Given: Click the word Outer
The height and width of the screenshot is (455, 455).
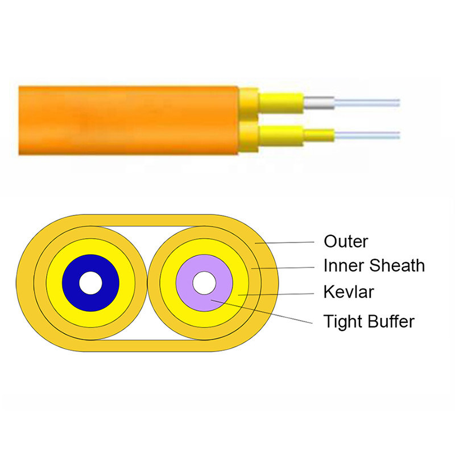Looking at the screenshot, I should [346, 241].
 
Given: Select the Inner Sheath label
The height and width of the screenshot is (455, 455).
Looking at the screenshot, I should [374, 266].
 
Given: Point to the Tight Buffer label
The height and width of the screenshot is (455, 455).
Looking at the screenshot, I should [369, 321].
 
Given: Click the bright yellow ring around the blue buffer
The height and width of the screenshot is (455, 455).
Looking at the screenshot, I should [53, 283].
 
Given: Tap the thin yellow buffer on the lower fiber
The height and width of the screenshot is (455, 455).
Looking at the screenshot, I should [319, 135].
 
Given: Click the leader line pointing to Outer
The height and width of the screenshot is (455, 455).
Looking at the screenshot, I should [290, 242].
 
